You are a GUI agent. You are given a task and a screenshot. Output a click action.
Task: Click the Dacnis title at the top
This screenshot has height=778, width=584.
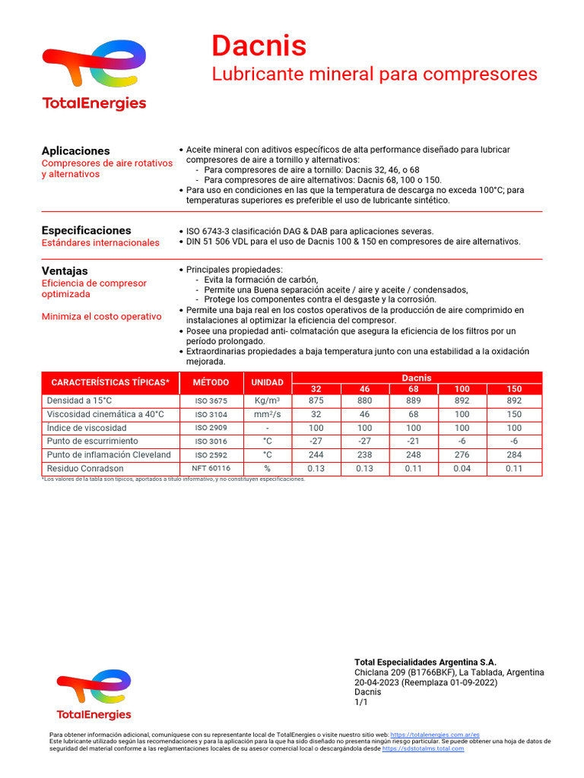(x=259, y=46)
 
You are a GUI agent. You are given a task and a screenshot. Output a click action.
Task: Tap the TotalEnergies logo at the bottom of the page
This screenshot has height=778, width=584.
(x=94, y=694)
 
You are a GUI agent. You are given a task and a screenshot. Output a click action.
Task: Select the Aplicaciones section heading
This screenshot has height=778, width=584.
(x=75, y=151)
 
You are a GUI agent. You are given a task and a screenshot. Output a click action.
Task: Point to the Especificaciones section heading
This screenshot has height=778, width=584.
(x=86, y=230)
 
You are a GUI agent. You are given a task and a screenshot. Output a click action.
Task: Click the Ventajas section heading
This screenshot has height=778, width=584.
(x=65, y=271)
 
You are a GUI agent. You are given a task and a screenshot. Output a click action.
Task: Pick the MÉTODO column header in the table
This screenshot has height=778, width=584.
(x=211, y=382)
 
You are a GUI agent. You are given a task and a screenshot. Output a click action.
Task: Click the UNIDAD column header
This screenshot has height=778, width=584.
(x=268, y=382)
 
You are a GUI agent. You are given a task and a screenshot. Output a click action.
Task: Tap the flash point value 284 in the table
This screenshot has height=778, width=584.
(x=515, y=455)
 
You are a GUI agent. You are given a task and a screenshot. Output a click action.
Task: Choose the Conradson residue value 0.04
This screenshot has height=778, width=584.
(x=462, y=469)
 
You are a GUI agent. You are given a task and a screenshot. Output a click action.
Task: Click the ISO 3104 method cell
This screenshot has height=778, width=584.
(x=211, y=414)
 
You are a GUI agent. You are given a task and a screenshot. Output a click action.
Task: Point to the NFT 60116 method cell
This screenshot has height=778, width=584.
(x=211, y=469)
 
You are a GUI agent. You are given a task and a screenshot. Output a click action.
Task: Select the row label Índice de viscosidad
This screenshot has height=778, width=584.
(x=87, y=428)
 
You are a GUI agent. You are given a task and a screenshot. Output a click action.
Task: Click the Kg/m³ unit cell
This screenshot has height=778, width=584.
(x=268, y=400)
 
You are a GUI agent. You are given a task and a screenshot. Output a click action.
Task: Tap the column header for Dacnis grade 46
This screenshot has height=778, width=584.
(x=365, y=389)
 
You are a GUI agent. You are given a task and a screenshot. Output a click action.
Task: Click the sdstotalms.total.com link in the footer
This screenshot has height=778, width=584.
(x=423, y=749)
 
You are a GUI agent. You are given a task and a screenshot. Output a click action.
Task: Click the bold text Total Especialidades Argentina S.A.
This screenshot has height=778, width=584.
(x=425, y=663)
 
